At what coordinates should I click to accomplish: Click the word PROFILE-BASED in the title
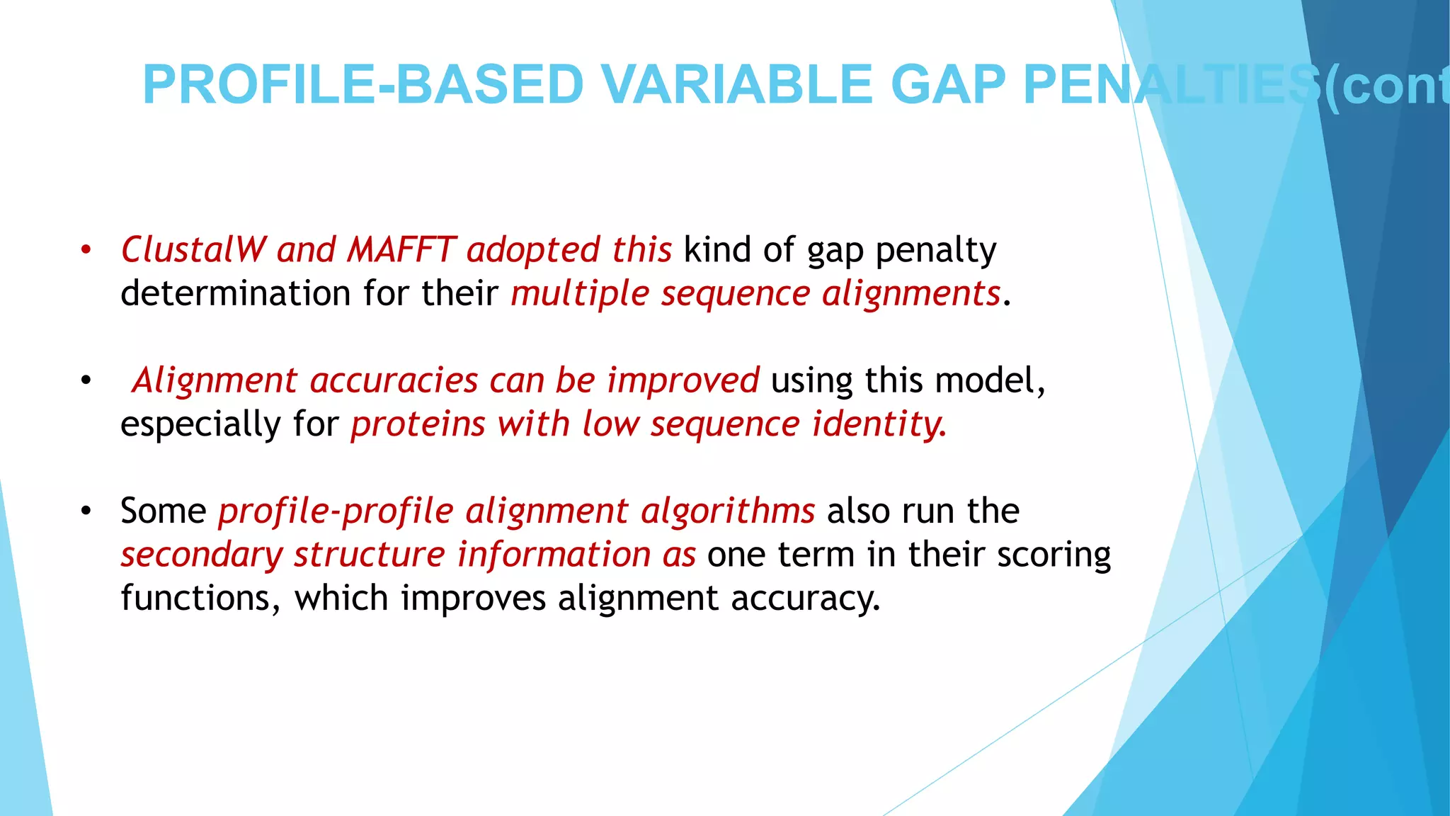point(362,85)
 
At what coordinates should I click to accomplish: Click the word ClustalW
point(193,250)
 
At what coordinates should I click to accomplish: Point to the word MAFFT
point(401,250)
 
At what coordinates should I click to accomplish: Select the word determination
point(236,293)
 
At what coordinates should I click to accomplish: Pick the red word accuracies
point(394,380)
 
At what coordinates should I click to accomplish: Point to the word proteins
point(418,424)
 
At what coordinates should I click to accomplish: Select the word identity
point(878,424)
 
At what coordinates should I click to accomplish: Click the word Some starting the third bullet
point(163,511)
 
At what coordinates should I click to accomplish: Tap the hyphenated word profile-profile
point(336,511)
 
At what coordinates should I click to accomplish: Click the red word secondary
point(201,555)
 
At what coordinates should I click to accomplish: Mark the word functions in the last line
point(195,599)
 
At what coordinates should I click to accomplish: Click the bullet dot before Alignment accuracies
point(86,380)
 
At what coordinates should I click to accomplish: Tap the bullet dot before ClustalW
point(86,250)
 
